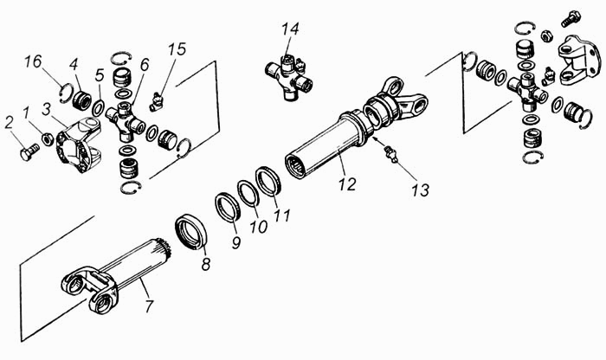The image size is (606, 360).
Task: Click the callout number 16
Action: [33, 61]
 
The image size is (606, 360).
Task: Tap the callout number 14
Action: [290, 29]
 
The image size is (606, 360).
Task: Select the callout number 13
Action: [421, 190]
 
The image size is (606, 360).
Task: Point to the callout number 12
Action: [347, 184]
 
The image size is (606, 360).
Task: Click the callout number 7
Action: [149, 306]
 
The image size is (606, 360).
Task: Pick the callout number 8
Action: [206, 265]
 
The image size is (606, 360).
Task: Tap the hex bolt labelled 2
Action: [29, 151]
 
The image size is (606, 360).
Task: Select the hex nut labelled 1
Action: [48, 138]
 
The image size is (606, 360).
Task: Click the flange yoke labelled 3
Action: [80, 145]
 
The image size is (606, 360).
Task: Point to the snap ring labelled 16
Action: [67, 93]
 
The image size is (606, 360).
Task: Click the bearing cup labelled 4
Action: [81, 100]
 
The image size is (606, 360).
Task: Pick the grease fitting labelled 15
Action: [156, 102]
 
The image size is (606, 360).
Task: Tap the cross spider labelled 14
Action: [288, 77]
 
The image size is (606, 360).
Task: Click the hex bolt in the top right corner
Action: [571, 18]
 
